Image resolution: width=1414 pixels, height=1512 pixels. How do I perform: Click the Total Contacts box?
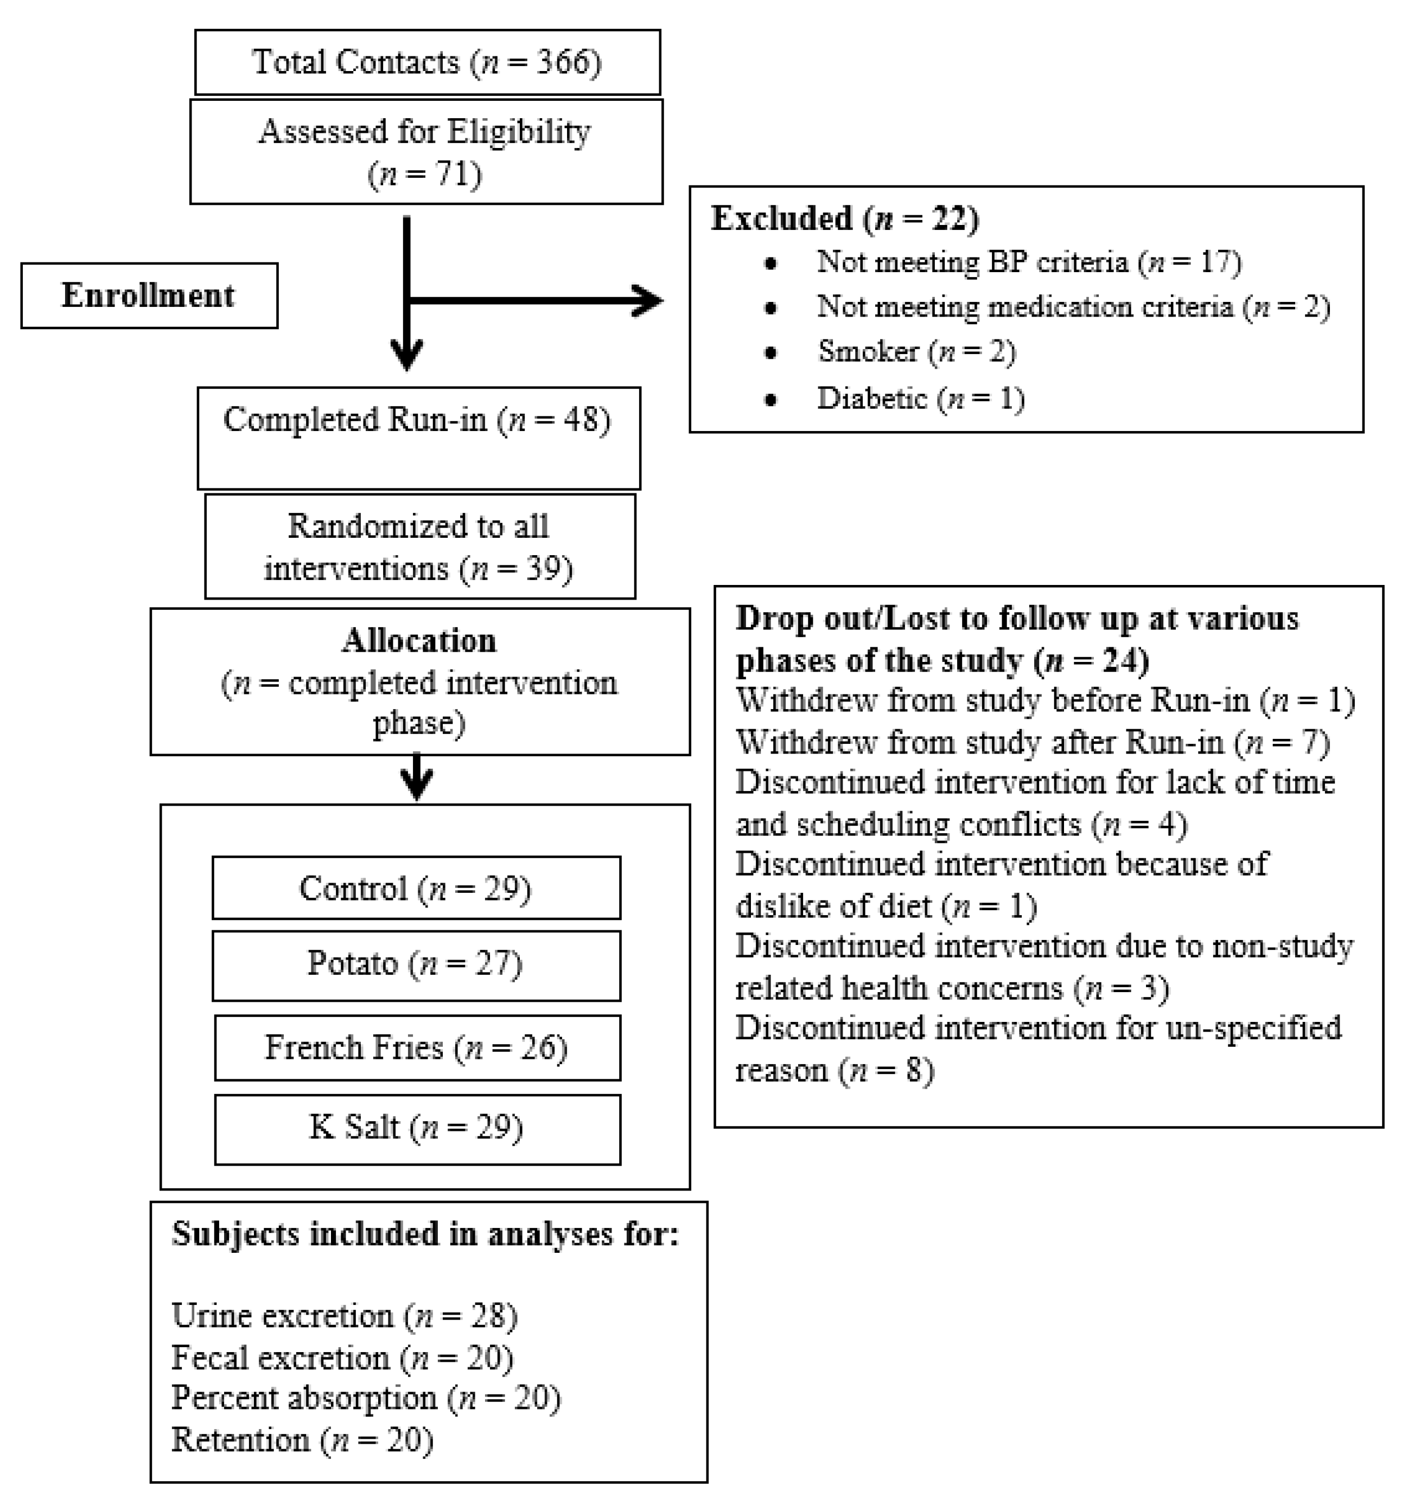click(x=427, y=62)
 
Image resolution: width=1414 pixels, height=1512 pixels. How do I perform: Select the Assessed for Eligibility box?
click(x=425, y=151)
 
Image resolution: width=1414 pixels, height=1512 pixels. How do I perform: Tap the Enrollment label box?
click(x=149, y=296)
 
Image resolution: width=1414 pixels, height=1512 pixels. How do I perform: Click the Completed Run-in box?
click(x=418, y=437)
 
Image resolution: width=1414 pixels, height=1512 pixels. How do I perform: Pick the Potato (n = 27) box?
click(x=416, y=964)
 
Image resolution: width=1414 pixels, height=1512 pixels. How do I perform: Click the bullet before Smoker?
click(x=770, y=353)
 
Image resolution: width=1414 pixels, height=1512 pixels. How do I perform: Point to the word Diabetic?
click(x=872, y=398)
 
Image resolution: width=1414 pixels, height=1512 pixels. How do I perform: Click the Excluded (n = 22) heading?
click(x=845, y=219)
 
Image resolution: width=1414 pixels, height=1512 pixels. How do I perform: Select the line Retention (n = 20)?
click(x=302, y=1440)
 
